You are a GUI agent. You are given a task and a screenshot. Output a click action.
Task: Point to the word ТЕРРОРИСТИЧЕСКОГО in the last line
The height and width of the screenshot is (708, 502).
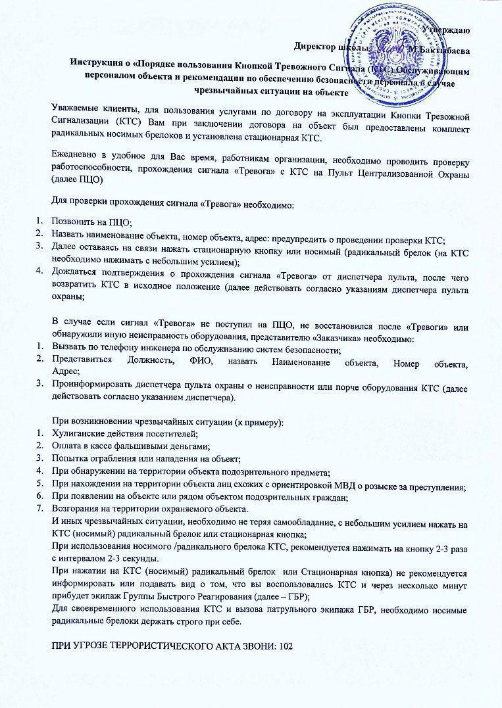(155, 648)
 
